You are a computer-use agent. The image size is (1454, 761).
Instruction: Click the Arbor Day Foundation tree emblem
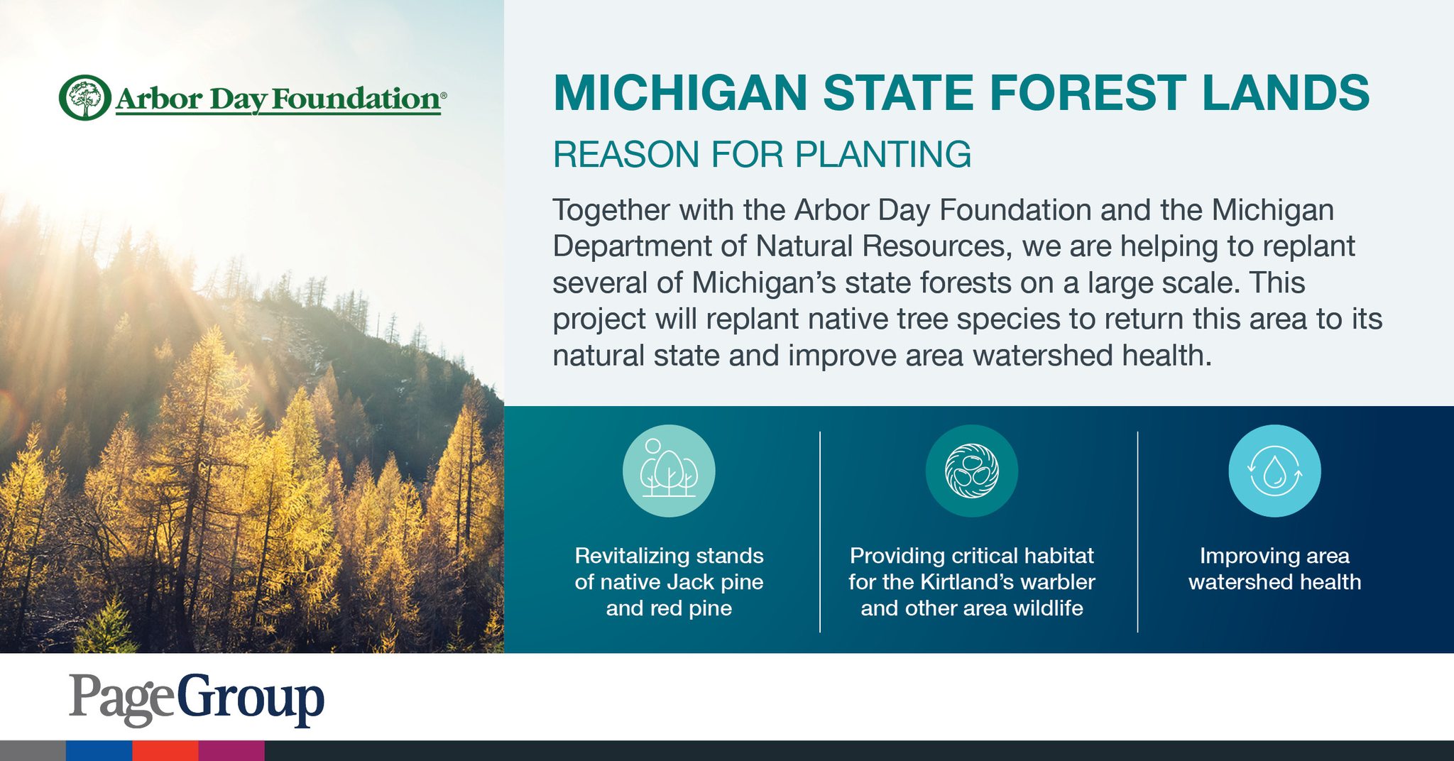pos(85,97)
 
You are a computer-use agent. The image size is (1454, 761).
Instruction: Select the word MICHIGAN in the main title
pos(680,93)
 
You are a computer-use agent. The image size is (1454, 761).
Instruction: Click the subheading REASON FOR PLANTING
pos(762,155)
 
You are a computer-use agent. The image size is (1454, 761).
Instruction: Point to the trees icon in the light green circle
pos(669,471)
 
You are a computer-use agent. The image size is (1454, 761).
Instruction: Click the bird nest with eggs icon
pos(972,471)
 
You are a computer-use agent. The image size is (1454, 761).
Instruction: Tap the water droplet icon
pos(1274,471)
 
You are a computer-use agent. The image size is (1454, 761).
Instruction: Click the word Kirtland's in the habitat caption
pos(971,582)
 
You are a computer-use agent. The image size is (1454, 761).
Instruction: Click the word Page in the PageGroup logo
pos(121,699)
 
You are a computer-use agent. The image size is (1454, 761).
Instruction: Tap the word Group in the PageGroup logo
pos(250,699)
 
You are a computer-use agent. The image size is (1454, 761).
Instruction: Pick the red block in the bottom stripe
pos(165,751)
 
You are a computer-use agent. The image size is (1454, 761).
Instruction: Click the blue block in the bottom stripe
pos(99,751)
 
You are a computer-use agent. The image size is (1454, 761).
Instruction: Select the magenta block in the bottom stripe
pos(231,751)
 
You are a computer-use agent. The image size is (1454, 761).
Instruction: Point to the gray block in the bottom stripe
pos(33,751)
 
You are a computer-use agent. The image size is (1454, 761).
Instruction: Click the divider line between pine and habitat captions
pos(820,532)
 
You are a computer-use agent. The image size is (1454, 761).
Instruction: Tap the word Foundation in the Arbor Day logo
pos(356,99)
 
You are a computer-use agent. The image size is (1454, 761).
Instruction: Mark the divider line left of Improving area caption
pos(1137,532)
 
